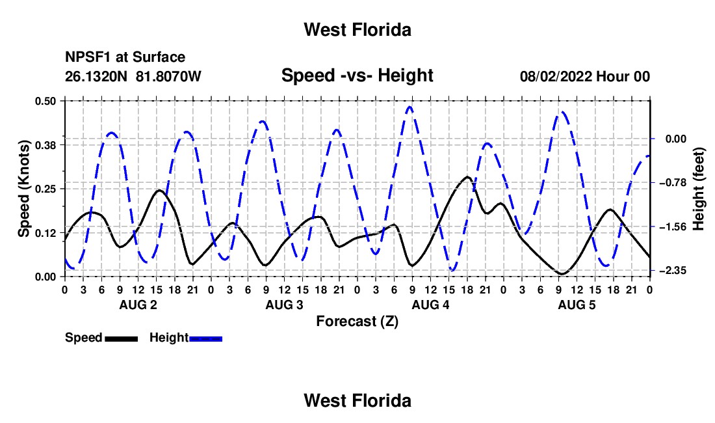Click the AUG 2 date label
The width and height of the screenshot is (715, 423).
[x=138, y=305]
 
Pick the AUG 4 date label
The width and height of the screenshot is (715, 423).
[x=430, y=305]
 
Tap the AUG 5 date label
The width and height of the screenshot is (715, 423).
[x=577, y=305]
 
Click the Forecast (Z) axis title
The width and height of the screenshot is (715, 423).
[x=357, y=321]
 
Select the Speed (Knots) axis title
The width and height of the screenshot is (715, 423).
[x=23, y=189]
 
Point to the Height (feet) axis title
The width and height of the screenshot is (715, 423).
[x=698, y=189]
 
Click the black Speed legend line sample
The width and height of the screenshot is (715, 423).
[x=122, y=338]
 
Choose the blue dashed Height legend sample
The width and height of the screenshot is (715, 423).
[x=205, y=338]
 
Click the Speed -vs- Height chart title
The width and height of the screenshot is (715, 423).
[x=357, y=75]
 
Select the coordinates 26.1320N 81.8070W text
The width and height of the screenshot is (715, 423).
[x=133, y=76]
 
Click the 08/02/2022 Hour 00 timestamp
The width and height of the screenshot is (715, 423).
[x=585, y=76]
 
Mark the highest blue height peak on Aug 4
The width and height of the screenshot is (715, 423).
[x=409, y=107]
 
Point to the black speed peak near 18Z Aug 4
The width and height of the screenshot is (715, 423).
[x=467, y=176]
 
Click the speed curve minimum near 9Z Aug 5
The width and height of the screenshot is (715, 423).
[x=562, y=274]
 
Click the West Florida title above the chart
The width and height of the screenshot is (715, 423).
[x=357, y=30]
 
